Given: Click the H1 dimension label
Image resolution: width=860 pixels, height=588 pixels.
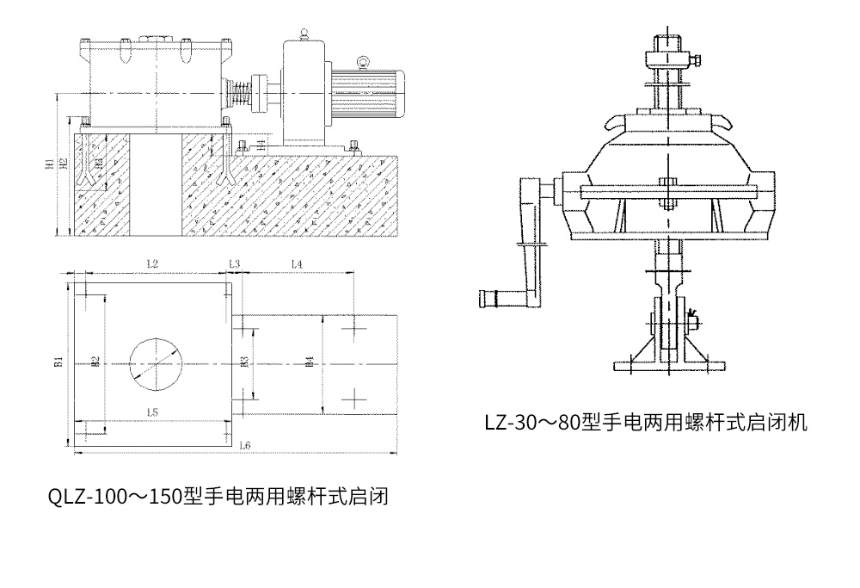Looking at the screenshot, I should [51, 161].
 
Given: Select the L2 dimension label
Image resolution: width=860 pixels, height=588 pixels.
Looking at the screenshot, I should [152, 263].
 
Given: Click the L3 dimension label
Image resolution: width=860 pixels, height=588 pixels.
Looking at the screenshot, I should [234, 263].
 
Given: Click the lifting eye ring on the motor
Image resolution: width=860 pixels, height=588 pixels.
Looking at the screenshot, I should [364, 61].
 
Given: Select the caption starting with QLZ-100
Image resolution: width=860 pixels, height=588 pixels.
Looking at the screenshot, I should [218, 497].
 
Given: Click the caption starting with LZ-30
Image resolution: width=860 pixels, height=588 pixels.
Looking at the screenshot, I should [645, 422].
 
